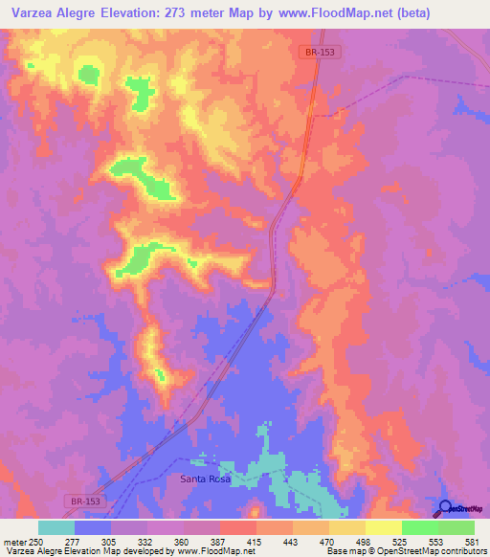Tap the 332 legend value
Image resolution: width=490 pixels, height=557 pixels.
(146, 542)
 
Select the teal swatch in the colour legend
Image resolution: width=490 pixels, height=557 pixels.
(56, 527)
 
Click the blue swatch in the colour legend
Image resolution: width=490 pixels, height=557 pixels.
(93, 527)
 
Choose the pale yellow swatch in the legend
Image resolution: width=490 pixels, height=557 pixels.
(384, 527)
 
